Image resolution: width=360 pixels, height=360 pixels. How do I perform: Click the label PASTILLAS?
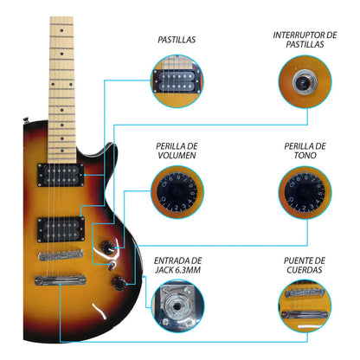176,39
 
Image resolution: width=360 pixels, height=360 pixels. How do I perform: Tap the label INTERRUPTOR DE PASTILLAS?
304,39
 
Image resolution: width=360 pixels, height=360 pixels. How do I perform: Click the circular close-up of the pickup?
177,80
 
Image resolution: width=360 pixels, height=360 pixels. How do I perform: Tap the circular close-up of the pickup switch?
304,80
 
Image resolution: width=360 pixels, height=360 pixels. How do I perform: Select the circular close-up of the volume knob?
177,192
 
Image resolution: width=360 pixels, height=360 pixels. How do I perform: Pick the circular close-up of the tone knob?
304,192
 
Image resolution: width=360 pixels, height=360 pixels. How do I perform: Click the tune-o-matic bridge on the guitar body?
61,255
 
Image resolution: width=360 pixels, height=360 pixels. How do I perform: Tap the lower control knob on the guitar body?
130,281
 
